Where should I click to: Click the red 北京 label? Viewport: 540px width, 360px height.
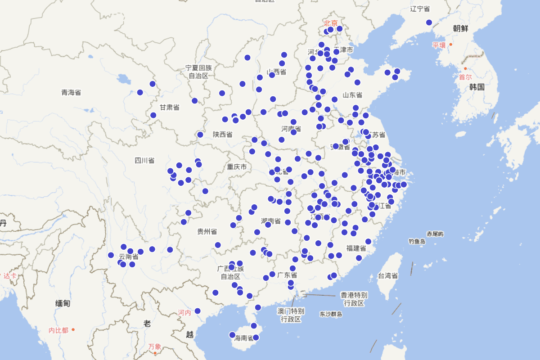coord(331,23)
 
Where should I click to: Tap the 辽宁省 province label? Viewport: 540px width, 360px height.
coord(420,9)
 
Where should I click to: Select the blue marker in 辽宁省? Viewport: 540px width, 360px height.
coord(429,22)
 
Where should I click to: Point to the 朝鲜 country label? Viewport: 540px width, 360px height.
coord(460,28)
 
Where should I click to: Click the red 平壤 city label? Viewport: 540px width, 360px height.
coord(439,45)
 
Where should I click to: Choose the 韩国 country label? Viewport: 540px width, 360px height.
coord(477,87)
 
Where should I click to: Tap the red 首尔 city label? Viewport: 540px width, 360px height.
coord(465,77)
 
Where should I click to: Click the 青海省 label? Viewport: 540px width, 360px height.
coord(71,92)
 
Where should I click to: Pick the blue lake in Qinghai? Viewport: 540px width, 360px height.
coord(122,81)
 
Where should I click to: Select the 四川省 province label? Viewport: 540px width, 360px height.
coord(144,160)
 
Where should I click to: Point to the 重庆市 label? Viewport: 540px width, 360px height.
coord(237,167)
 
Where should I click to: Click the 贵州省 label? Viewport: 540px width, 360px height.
coord(207,231)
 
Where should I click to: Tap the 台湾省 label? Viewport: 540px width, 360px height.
coord(388,275)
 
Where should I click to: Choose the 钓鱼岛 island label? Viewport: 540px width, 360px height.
coord(417,242)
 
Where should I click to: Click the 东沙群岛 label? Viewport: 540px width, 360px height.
coord(331,314)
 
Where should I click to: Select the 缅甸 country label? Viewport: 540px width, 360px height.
coord(63,303)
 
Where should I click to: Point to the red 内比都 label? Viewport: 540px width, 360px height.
coord(58,330)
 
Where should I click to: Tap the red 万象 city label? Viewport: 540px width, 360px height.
coord(154,346)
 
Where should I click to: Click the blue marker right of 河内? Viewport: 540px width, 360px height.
coord(198,311)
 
